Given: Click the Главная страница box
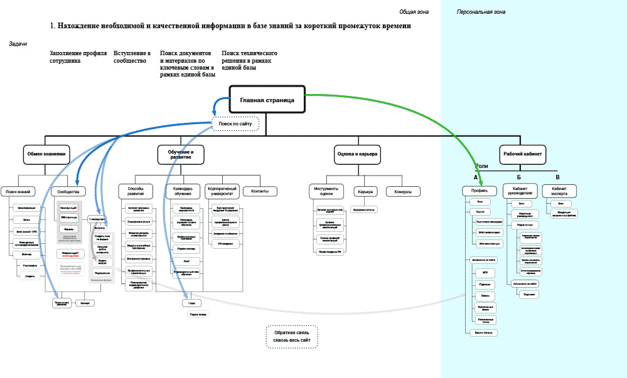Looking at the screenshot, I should [267, 100].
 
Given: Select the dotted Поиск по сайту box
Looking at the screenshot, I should [235, 124].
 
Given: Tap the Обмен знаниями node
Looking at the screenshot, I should [46, 154].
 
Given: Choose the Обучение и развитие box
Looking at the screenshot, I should [181, 154].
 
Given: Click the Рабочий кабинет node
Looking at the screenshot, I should [523, 154].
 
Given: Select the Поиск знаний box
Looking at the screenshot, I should [18, 191].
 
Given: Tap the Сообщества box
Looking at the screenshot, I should [68, 191].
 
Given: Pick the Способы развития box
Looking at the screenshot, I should [136, 191].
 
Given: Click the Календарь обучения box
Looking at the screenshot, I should [183, 191].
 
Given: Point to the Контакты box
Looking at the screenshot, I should [260, 191].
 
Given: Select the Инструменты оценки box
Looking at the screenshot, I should [326, 191].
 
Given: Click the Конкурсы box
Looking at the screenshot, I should [403, 191].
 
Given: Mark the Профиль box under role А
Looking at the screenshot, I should [480, 191].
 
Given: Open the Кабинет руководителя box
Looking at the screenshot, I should [522, 191].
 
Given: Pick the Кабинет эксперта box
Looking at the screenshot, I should [560, 191].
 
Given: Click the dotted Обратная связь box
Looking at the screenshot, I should [292, 336].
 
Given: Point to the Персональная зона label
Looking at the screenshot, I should [481, 12].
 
